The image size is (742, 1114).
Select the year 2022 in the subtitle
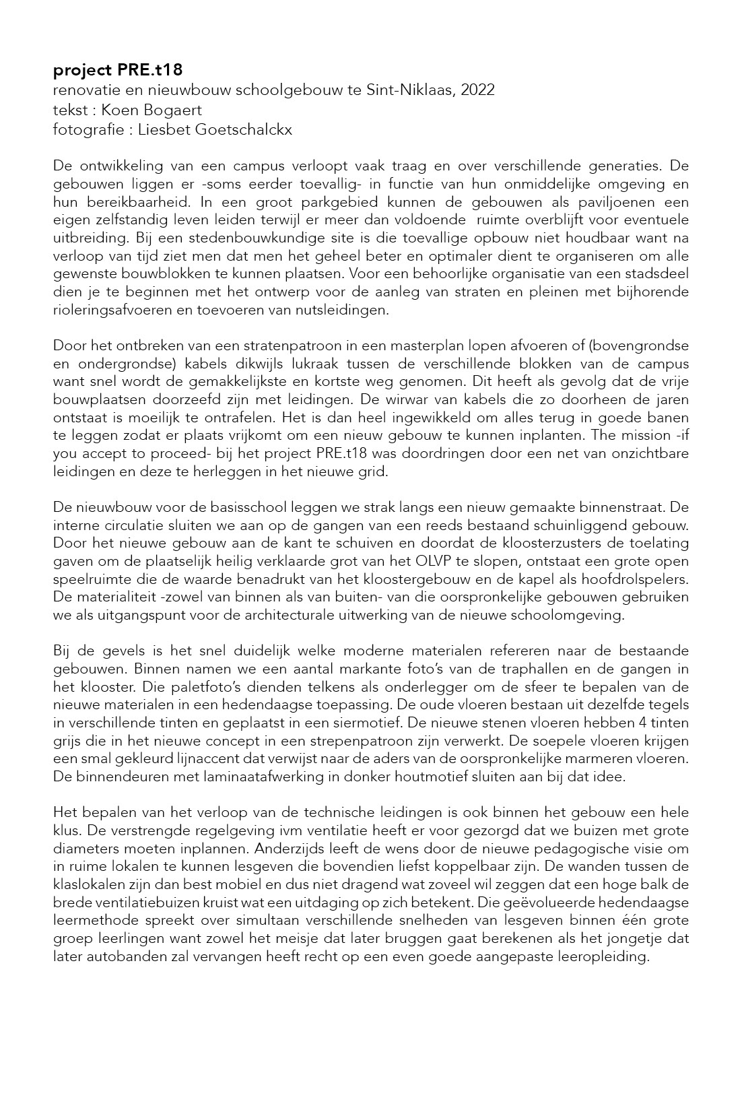coord(478,90)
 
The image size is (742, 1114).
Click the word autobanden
coord(119,956)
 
